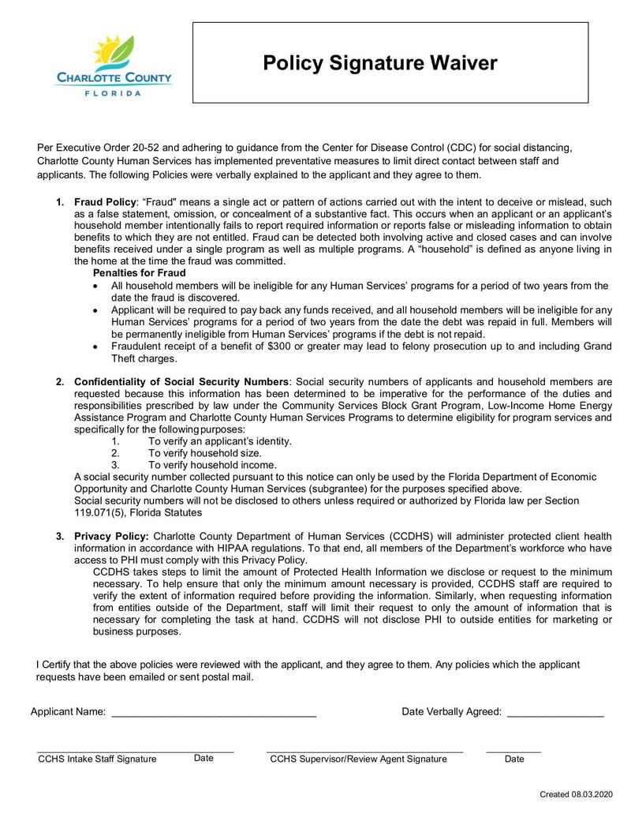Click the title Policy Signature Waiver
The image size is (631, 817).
(380, 63)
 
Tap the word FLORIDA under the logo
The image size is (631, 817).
(114, 93)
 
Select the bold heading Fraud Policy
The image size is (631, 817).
(105, 202)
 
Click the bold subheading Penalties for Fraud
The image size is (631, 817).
(140, 273)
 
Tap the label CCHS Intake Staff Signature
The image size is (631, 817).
(97, 759)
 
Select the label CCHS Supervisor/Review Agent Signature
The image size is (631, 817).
(358, 759)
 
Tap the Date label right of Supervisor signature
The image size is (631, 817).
(514, 759)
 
